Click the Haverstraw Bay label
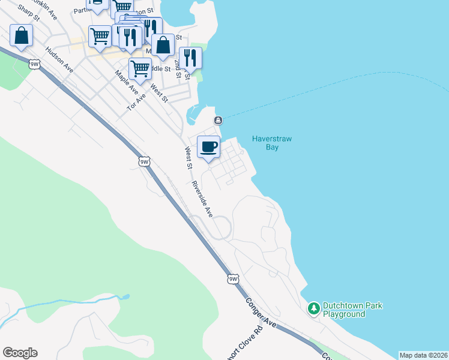tap(272, 143)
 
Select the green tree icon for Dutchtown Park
tap(313, 309)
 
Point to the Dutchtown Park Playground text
tap(352, 310)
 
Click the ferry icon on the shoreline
tap(218, 121)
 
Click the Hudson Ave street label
tap(59, 61)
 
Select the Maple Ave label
tap(127, 81)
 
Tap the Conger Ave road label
tap(260, 312)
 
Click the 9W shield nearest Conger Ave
tap(234, 279)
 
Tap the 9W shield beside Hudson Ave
tap(34, 62)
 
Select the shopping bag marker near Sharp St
tap(21, 36)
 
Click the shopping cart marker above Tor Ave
tap(140, 68)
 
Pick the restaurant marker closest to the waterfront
tap(190, 58)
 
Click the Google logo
tap(20, 353)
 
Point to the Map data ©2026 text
tap(423, 355)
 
